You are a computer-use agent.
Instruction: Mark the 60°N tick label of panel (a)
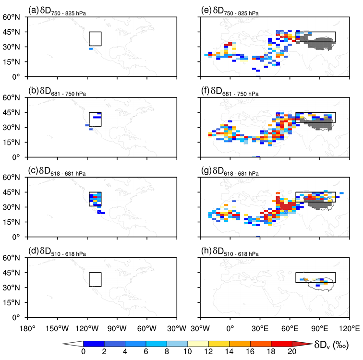(x=14, y=17)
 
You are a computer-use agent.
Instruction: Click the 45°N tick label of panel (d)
(x=14, y=273)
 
